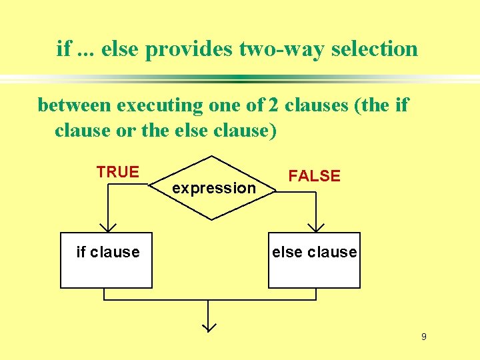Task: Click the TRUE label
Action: click(x=117, y=172)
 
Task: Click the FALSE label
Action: click(x=314, y=176)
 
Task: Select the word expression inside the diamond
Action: click(x=213, y=189)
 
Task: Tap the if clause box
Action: click(x=106, y=260)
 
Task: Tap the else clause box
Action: click(x=314, y=260)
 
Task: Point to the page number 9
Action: click(x=423, y=337)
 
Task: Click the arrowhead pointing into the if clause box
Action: click(x=106, y=227)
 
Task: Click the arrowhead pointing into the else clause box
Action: click(x=314, y=227)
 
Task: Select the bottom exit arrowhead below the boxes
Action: click(x=209, y=327)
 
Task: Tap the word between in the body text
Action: click(x=75, y=105)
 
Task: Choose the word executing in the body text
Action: click(x=159, y=105)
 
